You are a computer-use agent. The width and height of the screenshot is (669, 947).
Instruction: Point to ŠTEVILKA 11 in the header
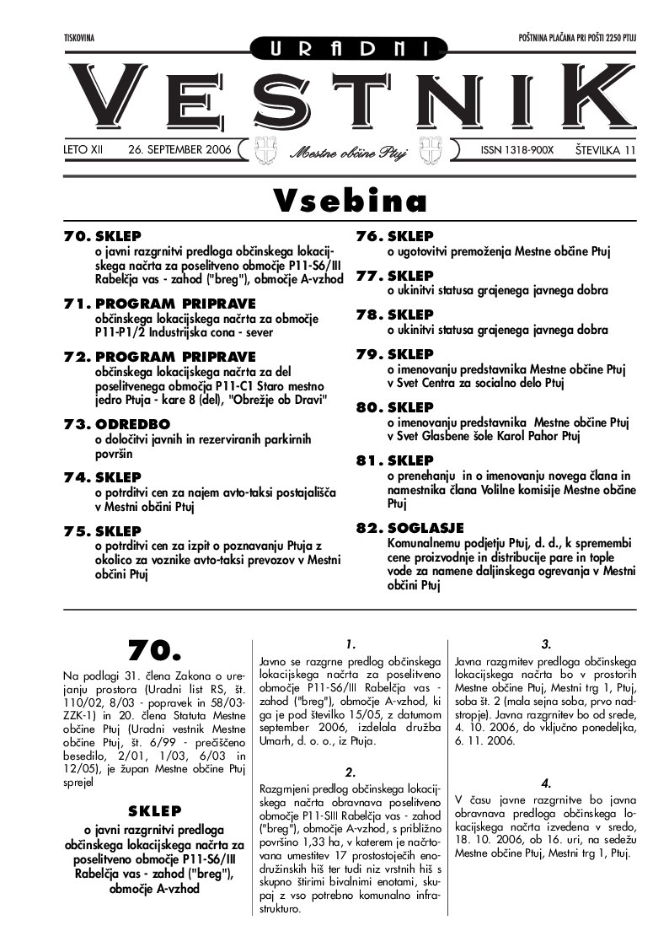tap(604, 150)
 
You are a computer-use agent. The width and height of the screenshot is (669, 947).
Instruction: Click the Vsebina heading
tap(350, 202)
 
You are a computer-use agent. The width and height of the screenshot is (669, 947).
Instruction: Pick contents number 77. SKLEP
tap(394, 276)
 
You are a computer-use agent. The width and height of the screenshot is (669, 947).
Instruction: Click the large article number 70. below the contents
tap(155, 649)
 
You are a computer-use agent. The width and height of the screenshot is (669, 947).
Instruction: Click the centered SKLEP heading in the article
tap(154, 810)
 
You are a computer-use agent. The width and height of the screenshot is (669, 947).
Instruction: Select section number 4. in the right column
tap(546, 783)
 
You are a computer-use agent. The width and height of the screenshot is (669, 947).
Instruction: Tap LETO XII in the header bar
tap(83, 150)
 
